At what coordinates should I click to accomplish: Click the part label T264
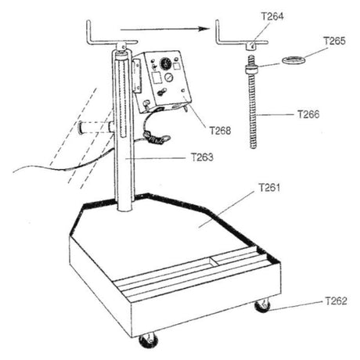(272, 16)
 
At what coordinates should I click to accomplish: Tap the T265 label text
(334, 41)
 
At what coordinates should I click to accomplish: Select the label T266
(308, 114)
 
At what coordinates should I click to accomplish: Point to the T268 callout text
(221, 131)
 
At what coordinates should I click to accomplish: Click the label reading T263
(202, 157)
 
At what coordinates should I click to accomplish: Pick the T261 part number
(269, 188)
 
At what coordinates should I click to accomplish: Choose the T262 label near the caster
(337, 301)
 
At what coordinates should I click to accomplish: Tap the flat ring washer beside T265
(293, 59)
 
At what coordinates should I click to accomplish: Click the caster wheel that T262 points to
(262, 306)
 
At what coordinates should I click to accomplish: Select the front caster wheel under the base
(149, 340)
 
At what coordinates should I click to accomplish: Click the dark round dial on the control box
(165, 63)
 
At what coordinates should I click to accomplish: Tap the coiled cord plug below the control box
(157, 138)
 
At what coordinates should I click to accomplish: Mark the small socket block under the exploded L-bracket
(251, 46)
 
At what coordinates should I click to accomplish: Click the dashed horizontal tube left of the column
(95, 128)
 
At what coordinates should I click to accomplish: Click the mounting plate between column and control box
(137, 75)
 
